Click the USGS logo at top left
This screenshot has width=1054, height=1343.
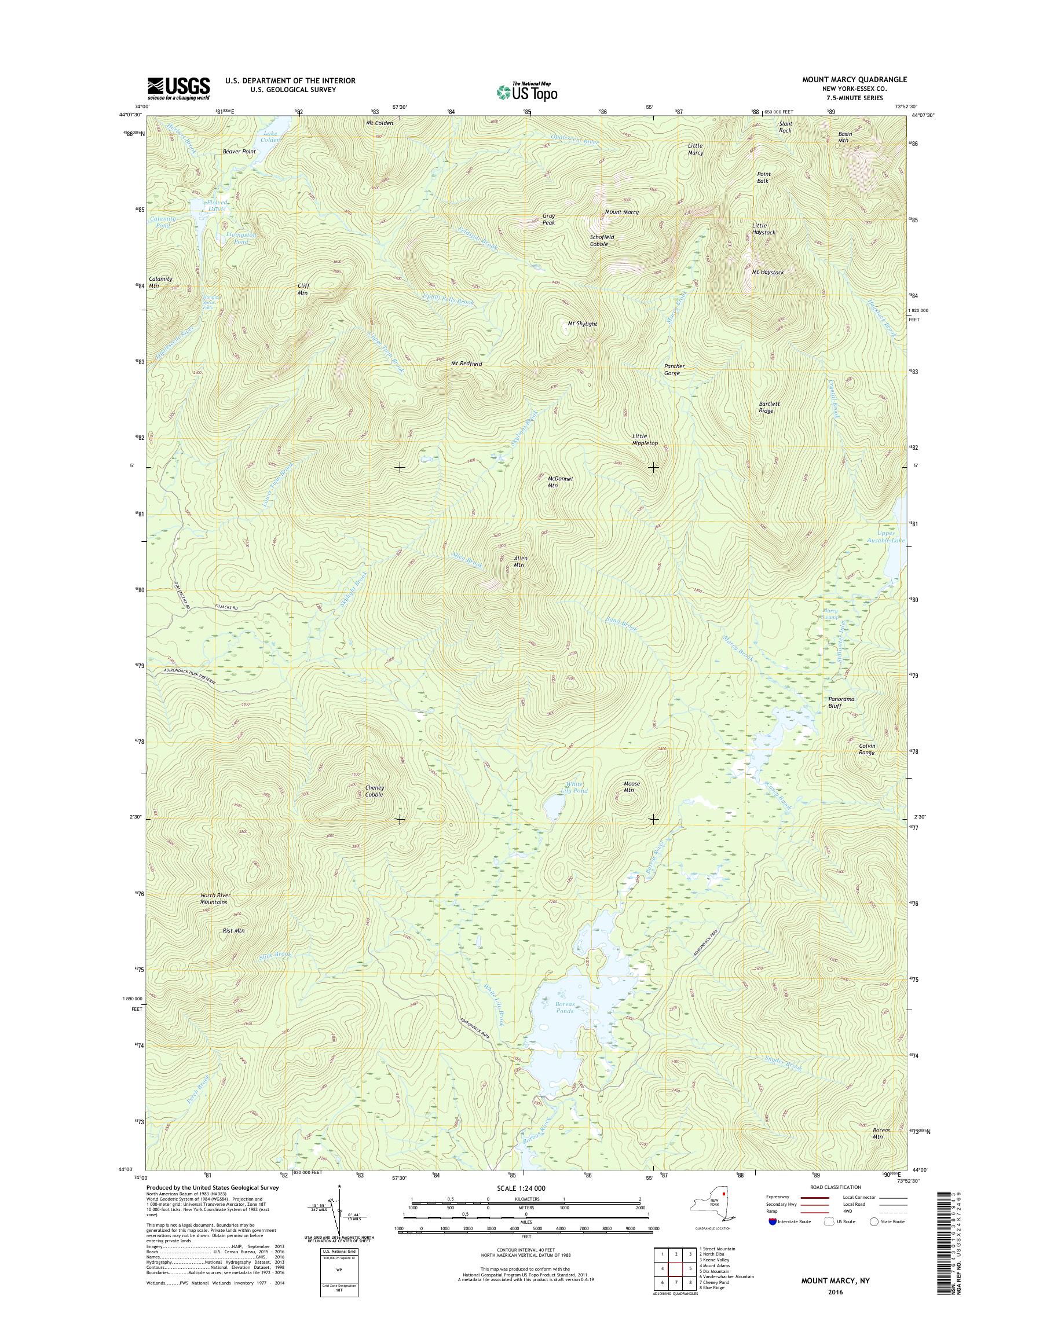pyautogui.click(x=178, y=89)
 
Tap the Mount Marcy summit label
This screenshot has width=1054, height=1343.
pyautogui.click(x=621, y=212)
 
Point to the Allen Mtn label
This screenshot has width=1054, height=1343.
pyautogui.click(x=520, y=562)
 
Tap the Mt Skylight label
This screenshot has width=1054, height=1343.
pyautogui.click(x=582, y=324)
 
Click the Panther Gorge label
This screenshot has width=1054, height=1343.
pyautogui.click(x=674, y=369)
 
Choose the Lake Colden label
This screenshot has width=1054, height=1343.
pyautogui.click(x=270, y=137)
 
